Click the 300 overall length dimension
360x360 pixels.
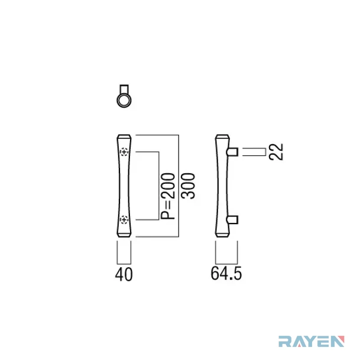pos(188,186)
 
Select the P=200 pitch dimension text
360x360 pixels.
pos(168,196)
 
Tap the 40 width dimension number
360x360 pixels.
pos(124,274)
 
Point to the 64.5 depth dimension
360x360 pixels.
pos(226,274)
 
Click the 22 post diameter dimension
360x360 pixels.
pos(276,152)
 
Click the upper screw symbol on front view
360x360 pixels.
pos(124,152)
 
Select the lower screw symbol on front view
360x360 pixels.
pos(124,220)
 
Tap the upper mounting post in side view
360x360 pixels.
pos(232,152)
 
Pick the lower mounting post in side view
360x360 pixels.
pos(232,220)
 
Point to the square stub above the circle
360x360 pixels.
pos(124,89)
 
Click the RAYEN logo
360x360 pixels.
pos(312,342)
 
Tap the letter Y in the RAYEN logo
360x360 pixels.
pos(311,342)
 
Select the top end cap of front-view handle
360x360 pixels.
pos(124,137)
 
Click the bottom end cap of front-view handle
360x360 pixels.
pos(124,235)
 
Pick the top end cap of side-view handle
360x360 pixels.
pos(222,137)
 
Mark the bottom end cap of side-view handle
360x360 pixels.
pos(222,235)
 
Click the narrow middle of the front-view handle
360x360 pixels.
pos(124,186)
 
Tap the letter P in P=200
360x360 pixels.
pos(168,215)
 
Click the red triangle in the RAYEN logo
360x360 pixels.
pos(341,339)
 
